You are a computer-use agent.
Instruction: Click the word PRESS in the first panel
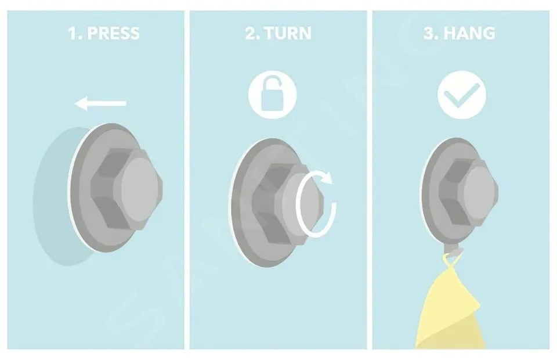click(x=113, y=33)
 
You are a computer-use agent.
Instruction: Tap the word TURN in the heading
click(x=288, y=33)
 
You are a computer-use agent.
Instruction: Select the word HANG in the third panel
click(x=469, y=33)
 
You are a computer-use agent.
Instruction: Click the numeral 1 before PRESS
click(x=73, y=33)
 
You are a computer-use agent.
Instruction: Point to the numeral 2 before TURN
click(x=251, y=33)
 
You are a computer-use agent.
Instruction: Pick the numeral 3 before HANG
click(x=430, y=33)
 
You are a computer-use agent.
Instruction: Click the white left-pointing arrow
click(x=100, y=103)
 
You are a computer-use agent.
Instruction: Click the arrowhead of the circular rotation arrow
click(x=326, y=177)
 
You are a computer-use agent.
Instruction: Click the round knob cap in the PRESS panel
click(x=140, y=187)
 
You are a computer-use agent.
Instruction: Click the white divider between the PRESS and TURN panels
click(x=187, y=180)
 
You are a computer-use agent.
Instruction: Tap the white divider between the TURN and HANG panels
click(x=370, y=180)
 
